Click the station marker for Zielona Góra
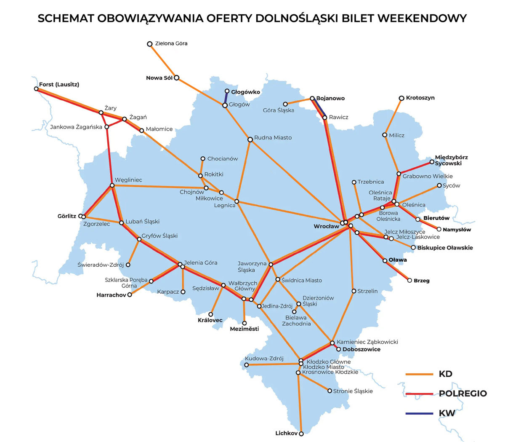pos(149,44)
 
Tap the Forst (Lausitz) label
pos(59,84)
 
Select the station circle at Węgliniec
pos(112,185)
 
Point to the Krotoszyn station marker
pos(401,98)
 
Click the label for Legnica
pos(225,205)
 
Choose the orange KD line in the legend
pos(419,374)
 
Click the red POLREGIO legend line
pos(419,394)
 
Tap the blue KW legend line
pos(419,413)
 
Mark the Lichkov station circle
pos(301,433)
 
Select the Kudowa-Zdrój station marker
pos(247,365)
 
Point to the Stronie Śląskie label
pos(353,391)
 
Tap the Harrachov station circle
pos(130,295)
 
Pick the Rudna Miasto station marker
pos(250,139)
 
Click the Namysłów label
pos(457,230)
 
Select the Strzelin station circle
pos(354,291)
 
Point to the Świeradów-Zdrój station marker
pos(128,265)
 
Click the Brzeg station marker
pos(410,281)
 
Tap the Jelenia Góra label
pos(201,263)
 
